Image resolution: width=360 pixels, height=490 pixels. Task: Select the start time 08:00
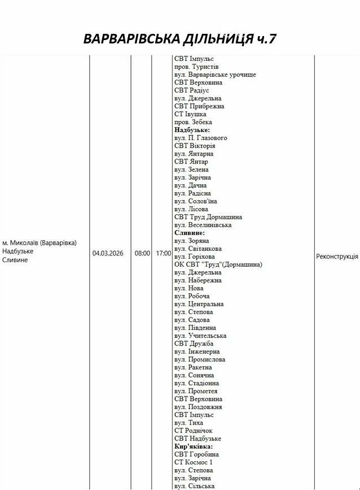142,253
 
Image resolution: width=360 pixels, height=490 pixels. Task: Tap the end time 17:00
163,253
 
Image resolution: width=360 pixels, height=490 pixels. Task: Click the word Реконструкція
337,256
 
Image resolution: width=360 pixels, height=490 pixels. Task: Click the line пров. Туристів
196,67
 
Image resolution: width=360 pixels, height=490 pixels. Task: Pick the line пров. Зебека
193,122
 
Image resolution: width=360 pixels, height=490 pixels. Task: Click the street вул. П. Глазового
201,138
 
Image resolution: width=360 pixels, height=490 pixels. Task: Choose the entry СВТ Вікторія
195,145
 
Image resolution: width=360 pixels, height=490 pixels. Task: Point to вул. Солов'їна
196,201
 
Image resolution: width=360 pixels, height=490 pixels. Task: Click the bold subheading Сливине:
190,232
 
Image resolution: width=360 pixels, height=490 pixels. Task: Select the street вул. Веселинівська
203,224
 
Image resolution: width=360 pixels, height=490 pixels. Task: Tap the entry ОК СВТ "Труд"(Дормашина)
218,264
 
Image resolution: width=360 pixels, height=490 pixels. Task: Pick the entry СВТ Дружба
194,343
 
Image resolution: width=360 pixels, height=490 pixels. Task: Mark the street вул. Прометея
196,391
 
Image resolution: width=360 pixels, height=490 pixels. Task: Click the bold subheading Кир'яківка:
194,446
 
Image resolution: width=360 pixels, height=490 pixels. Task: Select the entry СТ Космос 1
193,462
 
